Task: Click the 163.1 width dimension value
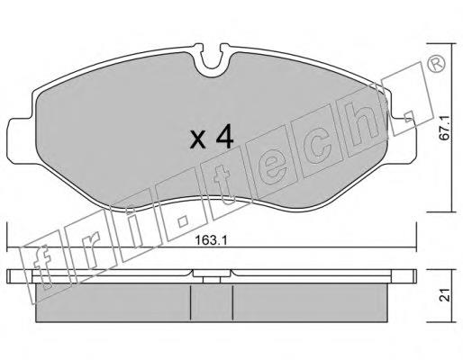(211, 239)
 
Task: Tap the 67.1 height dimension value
(444, 128)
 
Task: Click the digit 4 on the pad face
(224, 137)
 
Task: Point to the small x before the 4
(198, 140)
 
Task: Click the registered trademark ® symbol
(436, 64)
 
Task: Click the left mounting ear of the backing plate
(22, 141)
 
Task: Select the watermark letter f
(42, 267)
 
